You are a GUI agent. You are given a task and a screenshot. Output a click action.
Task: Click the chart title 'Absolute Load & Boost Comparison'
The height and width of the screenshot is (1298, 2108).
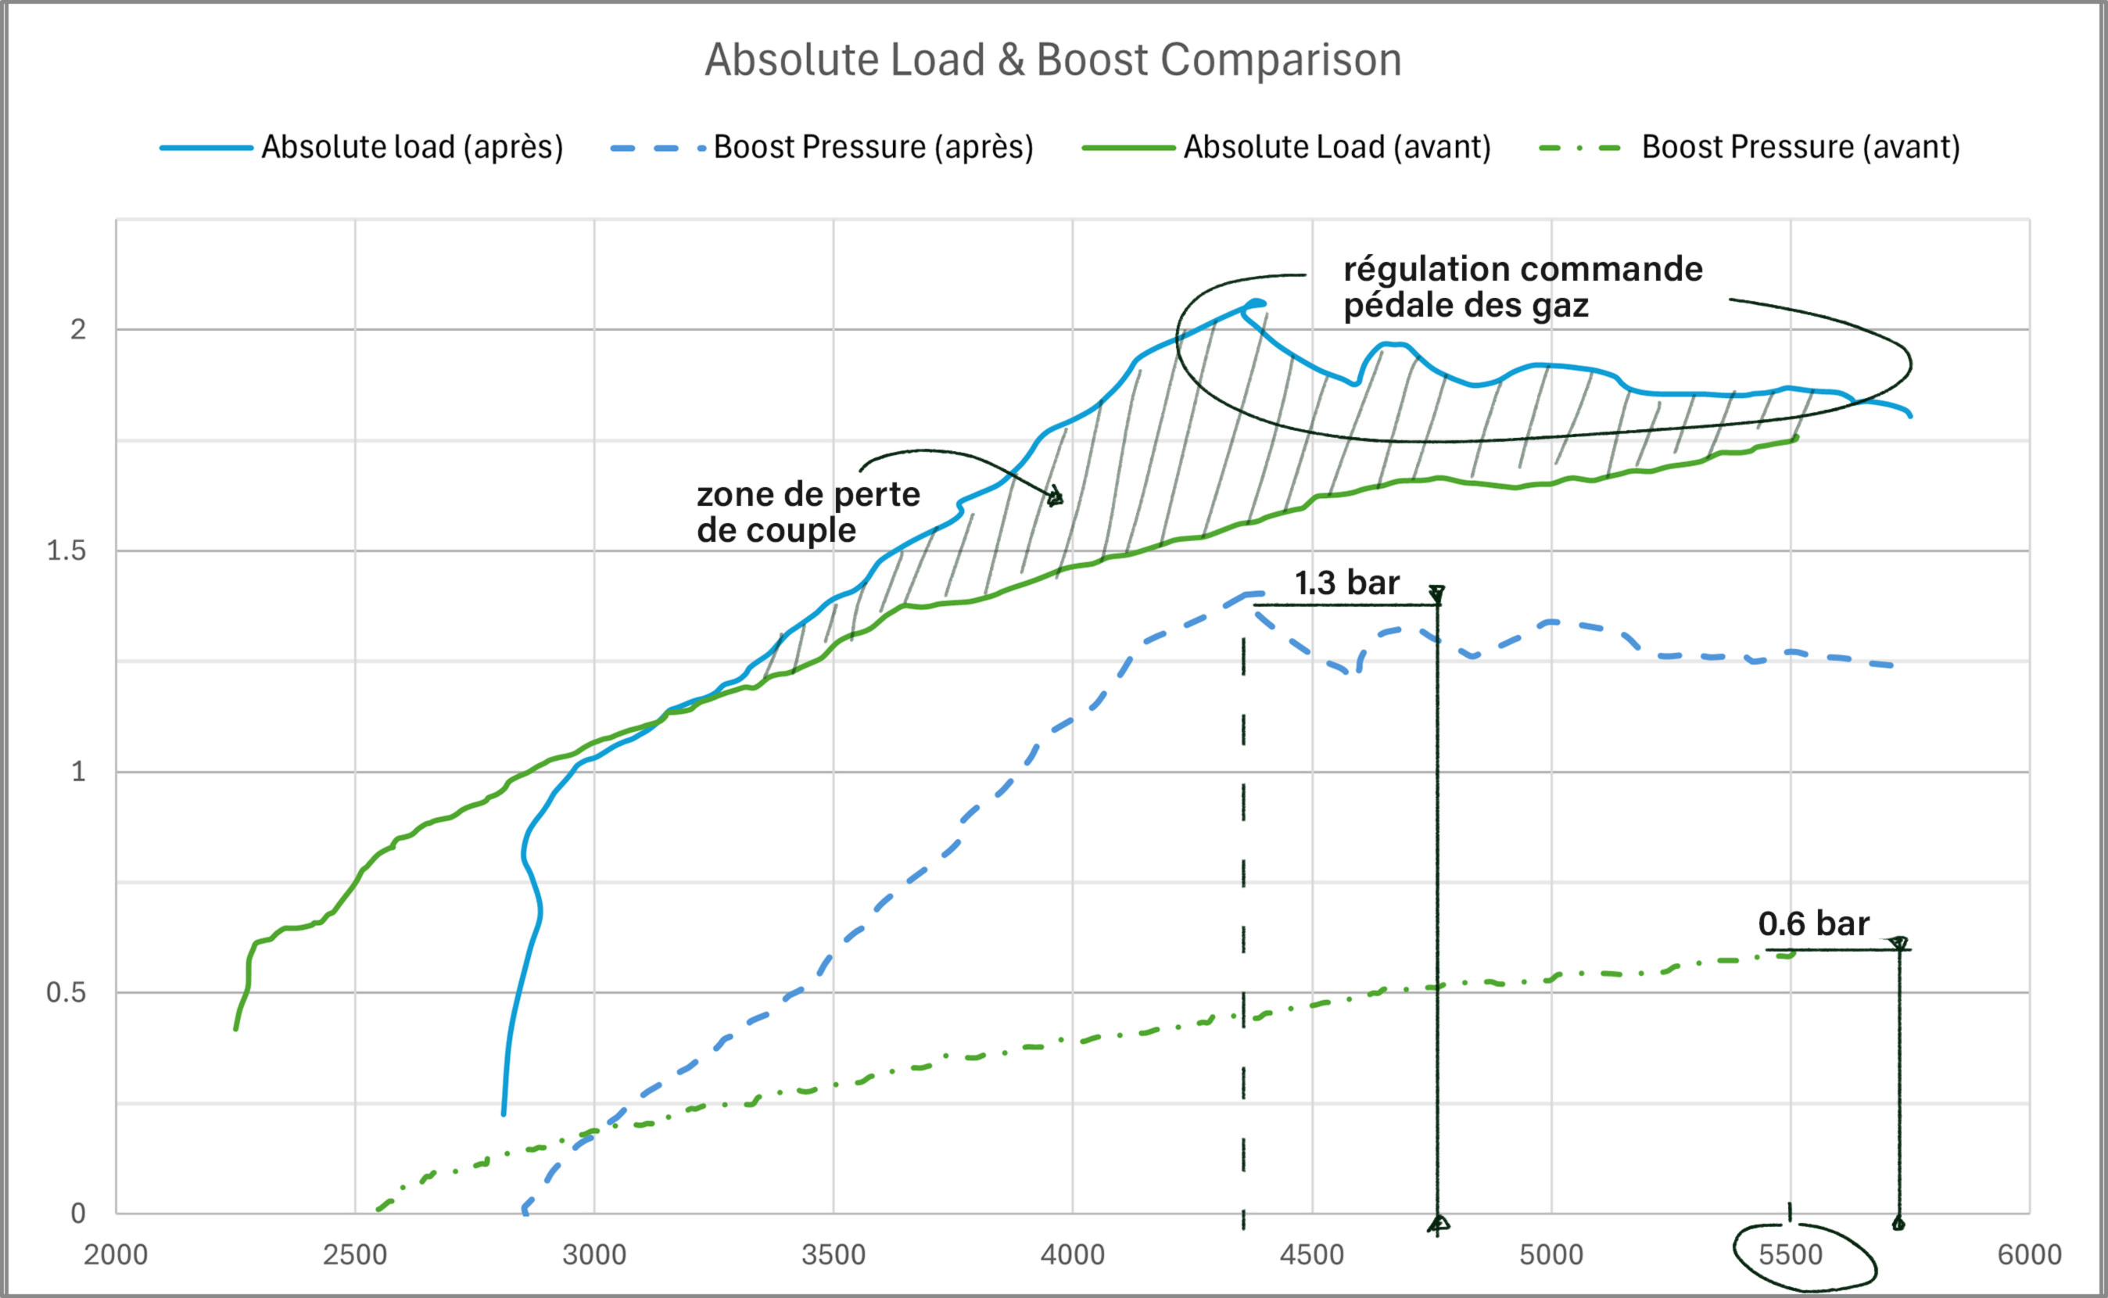(x=1053, y=60)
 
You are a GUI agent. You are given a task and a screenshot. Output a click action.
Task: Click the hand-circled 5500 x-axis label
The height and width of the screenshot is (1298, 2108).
(x=1791, y=1255)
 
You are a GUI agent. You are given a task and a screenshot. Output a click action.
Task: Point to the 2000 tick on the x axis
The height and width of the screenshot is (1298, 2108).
(x=116, y=1255)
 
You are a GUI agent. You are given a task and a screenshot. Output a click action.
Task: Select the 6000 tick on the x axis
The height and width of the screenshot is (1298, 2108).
(x=2029, y=1255)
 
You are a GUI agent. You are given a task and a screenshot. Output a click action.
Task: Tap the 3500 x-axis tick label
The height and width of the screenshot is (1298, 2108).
(x=834, y=1255)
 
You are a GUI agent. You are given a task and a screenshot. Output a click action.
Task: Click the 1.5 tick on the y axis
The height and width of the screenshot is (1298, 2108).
(x=66, y=550)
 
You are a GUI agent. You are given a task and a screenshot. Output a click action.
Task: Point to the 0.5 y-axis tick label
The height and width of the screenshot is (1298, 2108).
(x=66, y=992)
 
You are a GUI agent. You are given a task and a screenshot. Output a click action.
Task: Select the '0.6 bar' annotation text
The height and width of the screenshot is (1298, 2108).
(x=1812, y=923)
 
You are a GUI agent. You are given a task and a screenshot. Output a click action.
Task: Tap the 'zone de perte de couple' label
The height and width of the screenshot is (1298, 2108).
(x=807, y=511)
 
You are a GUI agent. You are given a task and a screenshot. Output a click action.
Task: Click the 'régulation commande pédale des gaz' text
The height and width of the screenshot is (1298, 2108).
(x=1522, y=287)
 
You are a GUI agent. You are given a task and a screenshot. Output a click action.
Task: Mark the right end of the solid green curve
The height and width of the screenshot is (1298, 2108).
(x=1795, y=439)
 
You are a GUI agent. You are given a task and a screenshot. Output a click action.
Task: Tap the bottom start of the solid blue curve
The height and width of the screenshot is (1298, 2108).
(x=504, y=1113)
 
